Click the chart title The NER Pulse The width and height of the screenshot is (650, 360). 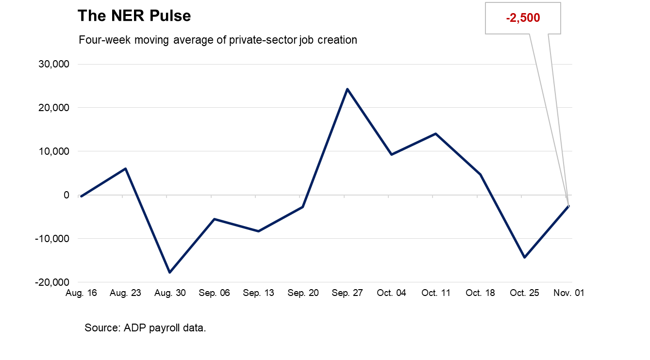[134, 16]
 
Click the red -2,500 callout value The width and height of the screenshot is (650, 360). [523, 18]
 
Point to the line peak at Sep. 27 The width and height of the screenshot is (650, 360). [347, 89]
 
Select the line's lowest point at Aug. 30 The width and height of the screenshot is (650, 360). [169, 273]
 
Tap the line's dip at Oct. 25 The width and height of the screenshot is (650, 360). [524, 258]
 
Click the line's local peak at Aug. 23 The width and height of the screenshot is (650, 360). [126, 168]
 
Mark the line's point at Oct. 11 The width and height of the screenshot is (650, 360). [436, 133]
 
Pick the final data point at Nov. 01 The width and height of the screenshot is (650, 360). [568, 206]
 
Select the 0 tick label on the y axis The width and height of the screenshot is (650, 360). [67, 195]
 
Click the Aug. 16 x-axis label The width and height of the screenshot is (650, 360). [81, 293]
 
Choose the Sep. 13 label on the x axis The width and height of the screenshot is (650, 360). [258, 293]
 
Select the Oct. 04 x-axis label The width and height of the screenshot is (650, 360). [391, 293]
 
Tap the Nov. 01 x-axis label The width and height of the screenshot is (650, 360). [568, 293]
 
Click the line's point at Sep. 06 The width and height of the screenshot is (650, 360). [214, 219]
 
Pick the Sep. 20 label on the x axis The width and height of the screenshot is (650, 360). [303, 293]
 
